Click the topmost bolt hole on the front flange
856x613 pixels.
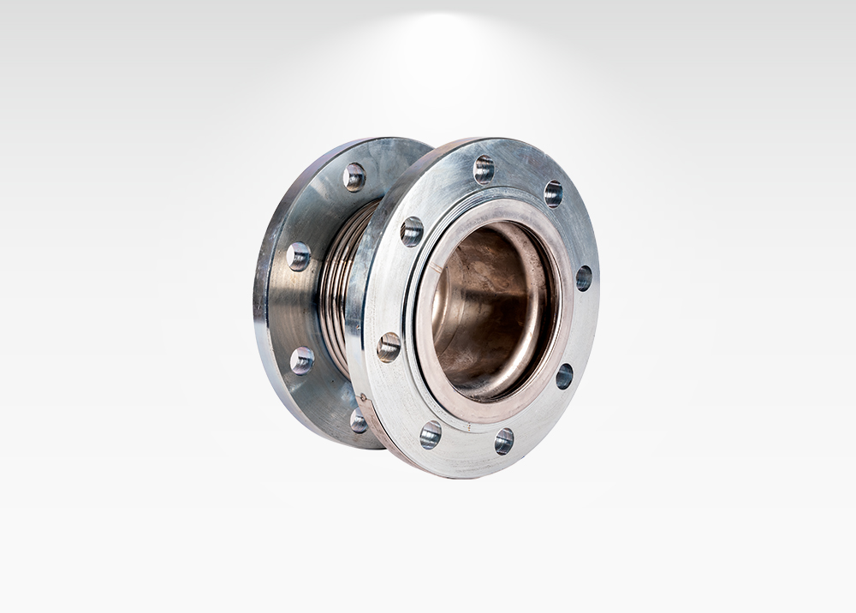(484, 169)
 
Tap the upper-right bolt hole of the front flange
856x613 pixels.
(554, 193)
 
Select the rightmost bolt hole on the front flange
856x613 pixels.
(584, 277)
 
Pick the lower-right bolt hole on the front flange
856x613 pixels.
(564, 376)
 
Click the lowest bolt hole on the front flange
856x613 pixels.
(504, 441)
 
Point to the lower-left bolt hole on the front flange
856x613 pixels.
(431, 434)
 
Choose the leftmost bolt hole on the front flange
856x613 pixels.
(389, 347)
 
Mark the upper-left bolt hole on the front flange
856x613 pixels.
(412, 231)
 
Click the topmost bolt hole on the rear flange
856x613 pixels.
(354, 176)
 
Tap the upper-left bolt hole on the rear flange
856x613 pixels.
(299, 256)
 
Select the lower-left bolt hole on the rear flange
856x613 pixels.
(301, 360)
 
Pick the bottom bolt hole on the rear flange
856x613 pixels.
(359, 420)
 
